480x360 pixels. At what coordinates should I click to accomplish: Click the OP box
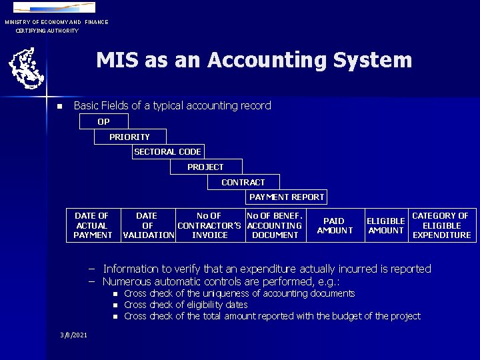pyautogui.click(x=104, y=121)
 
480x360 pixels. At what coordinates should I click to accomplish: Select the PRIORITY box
pyautogui.click(x=130, y=137)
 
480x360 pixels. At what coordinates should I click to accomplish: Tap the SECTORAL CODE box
pyautogui.click(x=167, y=151)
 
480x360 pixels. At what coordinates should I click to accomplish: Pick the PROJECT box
pyautogui.click(x=206, y=167)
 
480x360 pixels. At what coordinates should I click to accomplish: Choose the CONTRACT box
pyautogui.click(x=243, y=182)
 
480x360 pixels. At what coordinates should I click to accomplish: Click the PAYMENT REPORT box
pyautogui.click(x=287, y=197)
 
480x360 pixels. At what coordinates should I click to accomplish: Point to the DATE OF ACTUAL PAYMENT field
pyautogui.click(x=93, y=225)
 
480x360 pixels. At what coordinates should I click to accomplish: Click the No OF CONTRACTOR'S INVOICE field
pyautogui.click(x=209, y=225)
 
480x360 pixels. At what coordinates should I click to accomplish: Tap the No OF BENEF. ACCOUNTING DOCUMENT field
pyautogui.click(x=275, y=225)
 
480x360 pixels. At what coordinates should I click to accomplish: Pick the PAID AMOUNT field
pyautogui.click(x=335, y=225)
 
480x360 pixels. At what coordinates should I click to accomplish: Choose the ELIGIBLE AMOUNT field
pyautogui.click(x=386, y=225)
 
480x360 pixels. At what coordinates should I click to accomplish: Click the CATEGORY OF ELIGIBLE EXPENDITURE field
pyautogui.click(x=441, y=225)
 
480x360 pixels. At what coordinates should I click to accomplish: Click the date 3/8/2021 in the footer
pyautogui.click(x=73, y=333)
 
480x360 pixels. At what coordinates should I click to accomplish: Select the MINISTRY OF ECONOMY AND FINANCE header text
pyautogui.click(x=57, y=22)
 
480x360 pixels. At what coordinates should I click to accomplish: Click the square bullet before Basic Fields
pyautogui.click(x=59, y=107)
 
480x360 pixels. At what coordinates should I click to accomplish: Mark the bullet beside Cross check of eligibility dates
pyautogui.click(x=115, y=305)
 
